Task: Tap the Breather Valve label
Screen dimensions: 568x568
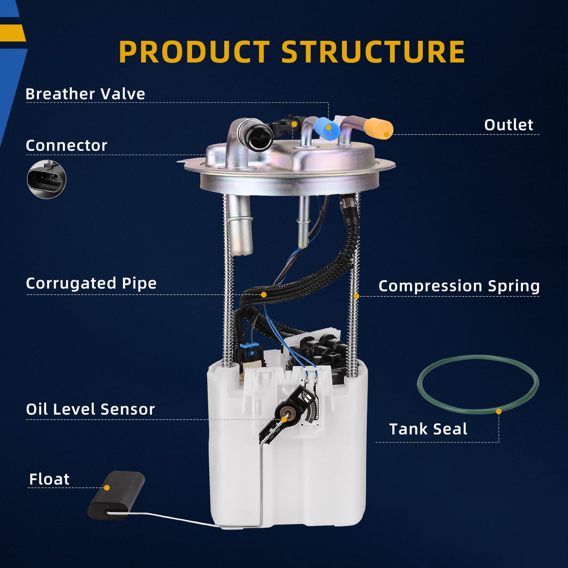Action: (85, 94)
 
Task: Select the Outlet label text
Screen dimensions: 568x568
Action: (508, 125)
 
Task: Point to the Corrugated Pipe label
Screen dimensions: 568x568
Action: (91, 283)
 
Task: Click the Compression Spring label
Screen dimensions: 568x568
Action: (459, 286)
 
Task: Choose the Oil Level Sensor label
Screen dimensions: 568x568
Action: (91, 409)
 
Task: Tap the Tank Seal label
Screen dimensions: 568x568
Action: (428, 429)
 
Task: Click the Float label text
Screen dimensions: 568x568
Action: (49, 479)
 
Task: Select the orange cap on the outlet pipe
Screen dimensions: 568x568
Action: (379, 128)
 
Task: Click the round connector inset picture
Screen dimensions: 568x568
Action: (47, 179)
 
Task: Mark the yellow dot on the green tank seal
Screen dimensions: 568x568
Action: (499, 411)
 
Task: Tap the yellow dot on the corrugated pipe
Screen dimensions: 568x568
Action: (264, 295)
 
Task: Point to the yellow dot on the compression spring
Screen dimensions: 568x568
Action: (356, 296)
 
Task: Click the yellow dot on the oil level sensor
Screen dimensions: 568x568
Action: (284, 420)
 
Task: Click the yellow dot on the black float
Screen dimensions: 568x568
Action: (107, 488)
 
